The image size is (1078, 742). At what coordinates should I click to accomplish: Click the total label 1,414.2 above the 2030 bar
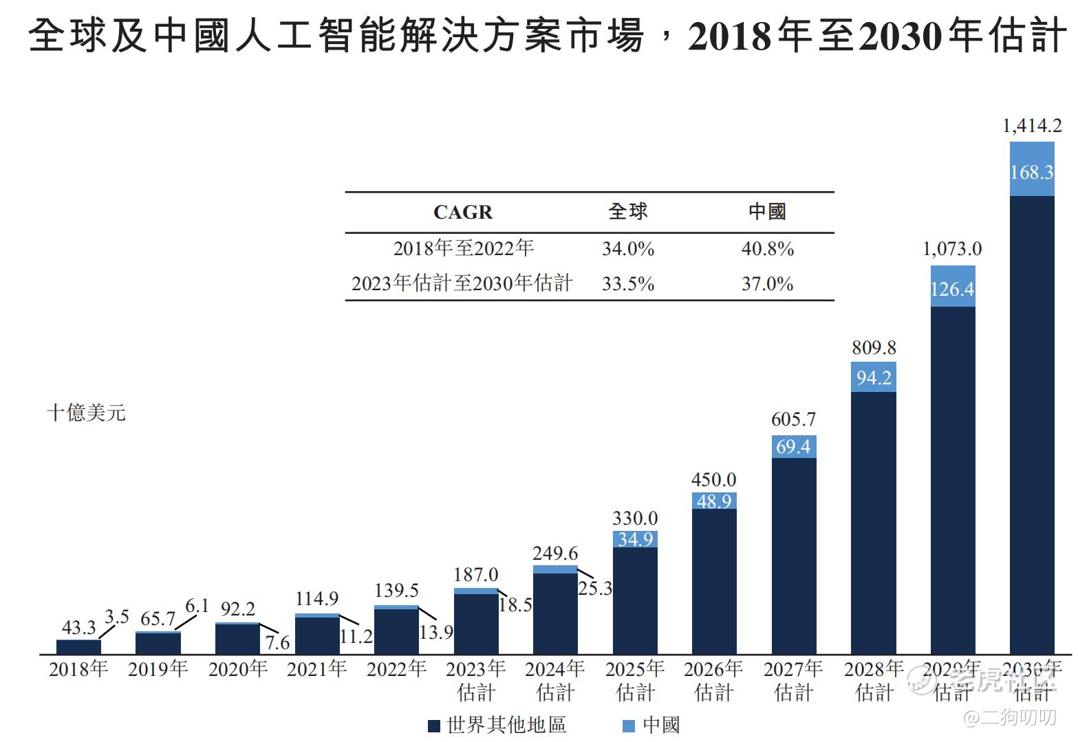[x=1032, y=126]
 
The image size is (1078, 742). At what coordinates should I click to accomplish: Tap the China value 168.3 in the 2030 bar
[x=1031, y=171]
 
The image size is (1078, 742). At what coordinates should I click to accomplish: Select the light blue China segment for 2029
[x=953, y=287]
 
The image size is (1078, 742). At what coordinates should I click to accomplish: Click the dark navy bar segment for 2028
[x=874, y=523]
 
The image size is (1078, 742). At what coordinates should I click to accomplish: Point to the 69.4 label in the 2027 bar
[x=793, y=447]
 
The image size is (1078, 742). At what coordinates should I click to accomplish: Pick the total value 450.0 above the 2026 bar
[x=713, y=479]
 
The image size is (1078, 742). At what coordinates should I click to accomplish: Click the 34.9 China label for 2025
[x=635, y=539]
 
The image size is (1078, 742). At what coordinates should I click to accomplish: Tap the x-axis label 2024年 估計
[x=555, y=680]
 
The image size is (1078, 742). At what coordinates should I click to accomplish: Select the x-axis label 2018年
[x=78, y=669]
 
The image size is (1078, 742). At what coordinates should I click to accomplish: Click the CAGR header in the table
[x=463, y=212]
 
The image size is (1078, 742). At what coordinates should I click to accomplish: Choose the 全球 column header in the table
[x=628, y=212]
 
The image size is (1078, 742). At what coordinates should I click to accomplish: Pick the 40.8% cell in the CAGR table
[x=767, y=248]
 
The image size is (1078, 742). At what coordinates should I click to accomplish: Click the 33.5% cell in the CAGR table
[x=628, y=283]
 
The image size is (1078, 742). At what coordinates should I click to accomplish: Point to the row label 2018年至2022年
[x=463, y=248]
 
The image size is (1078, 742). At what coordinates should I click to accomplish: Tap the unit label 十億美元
[x=87, y=413]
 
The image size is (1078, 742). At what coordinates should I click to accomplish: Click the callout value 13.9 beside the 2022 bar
[x=436, y=632]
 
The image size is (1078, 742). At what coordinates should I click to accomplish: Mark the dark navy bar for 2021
[x=317, y=635]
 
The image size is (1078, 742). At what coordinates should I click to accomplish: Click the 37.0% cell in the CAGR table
[x=767, y=283]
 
